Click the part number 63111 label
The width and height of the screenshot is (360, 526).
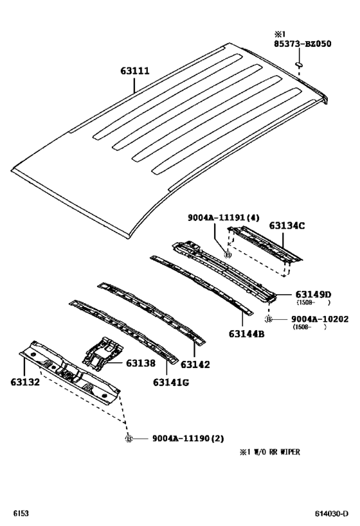point(135,71)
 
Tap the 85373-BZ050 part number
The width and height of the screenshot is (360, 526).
point(303,44)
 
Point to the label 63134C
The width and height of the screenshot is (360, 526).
point(287,226)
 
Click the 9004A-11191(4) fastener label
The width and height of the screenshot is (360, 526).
point(223,218)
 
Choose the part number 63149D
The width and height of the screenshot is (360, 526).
point(313,295)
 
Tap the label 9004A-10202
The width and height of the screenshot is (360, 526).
point(319,319)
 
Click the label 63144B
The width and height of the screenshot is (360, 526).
point(246,334)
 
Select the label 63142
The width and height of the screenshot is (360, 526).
point(195,365)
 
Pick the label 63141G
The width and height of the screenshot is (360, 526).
point(171,382)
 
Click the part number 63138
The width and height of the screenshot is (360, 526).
point(141,363)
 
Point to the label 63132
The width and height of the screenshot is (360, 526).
point(25,382)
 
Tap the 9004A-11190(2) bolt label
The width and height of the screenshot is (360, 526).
point(188,439)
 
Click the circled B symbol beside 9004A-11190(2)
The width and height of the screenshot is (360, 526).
point(129,439)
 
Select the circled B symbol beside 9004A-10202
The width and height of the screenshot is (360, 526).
point(268,319)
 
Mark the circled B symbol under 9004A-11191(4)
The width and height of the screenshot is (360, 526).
point(228,255)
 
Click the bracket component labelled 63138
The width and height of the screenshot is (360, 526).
point(102,354)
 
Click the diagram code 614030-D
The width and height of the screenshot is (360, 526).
point(332,514)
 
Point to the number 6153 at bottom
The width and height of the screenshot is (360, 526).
point(21,514)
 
